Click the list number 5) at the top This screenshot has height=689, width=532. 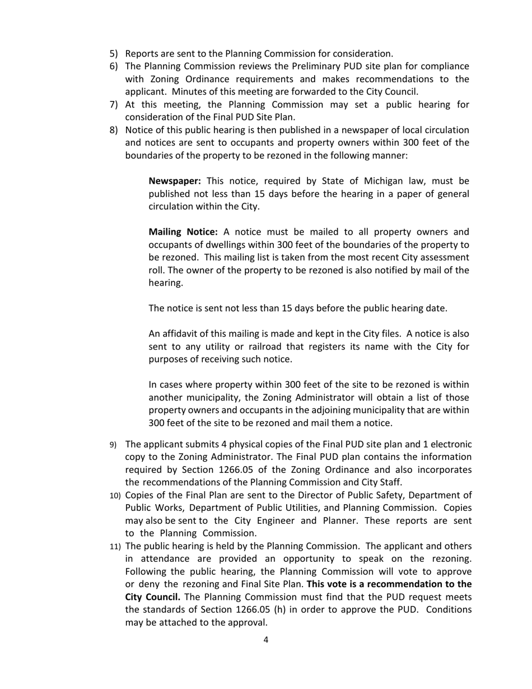114,54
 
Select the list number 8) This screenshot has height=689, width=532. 114,130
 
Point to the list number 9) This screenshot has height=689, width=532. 113,445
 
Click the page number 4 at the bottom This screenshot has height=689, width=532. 266,640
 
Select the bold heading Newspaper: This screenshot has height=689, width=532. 175,181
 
